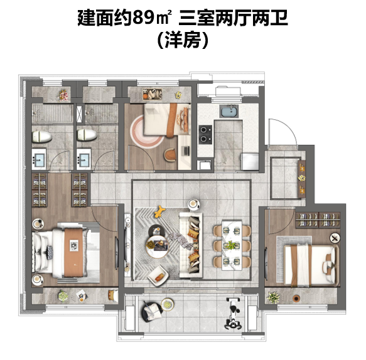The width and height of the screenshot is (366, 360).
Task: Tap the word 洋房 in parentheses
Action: click(x=183, y=40)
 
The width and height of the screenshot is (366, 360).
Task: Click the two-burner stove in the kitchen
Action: click(x=205, y=134)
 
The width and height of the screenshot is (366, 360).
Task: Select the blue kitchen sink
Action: click(x=229, y=111)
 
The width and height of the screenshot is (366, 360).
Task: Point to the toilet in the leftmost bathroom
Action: click(x=41, y=137)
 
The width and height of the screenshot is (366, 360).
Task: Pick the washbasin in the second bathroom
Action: click(x=83, y=159)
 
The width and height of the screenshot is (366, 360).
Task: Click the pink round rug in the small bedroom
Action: click(x=146, y=131)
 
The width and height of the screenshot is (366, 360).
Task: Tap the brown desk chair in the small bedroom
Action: click(x=170, y=154)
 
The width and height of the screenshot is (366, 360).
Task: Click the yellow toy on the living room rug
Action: click(x=160, y=211)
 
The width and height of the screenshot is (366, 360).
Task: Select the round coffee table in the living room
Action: click(x=157, y=246)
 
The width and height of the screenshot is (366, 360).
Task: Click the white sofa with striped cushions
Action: click(x=191, y=245)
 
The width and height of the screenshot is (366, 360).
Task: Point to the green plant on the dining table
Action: click(x=231, y=245)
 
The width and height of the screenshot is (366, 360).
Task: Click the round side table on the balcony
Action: click(x=168, y=305)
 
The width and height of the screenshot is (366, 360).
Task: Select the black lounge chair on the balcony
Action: click(x=152, y=312)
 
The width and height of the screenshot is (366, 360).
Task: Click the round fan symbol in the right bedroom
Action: click(x=335, y=238)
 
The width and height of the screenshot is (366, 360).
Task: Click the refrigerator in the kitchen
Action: click(x=250, y=161)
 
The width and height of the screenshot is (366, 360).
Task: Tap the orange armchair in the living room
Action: click(x=158, y=277)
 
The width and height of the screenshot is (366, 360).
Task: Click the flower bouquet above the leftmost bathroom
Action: click(x=63, y=95)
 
